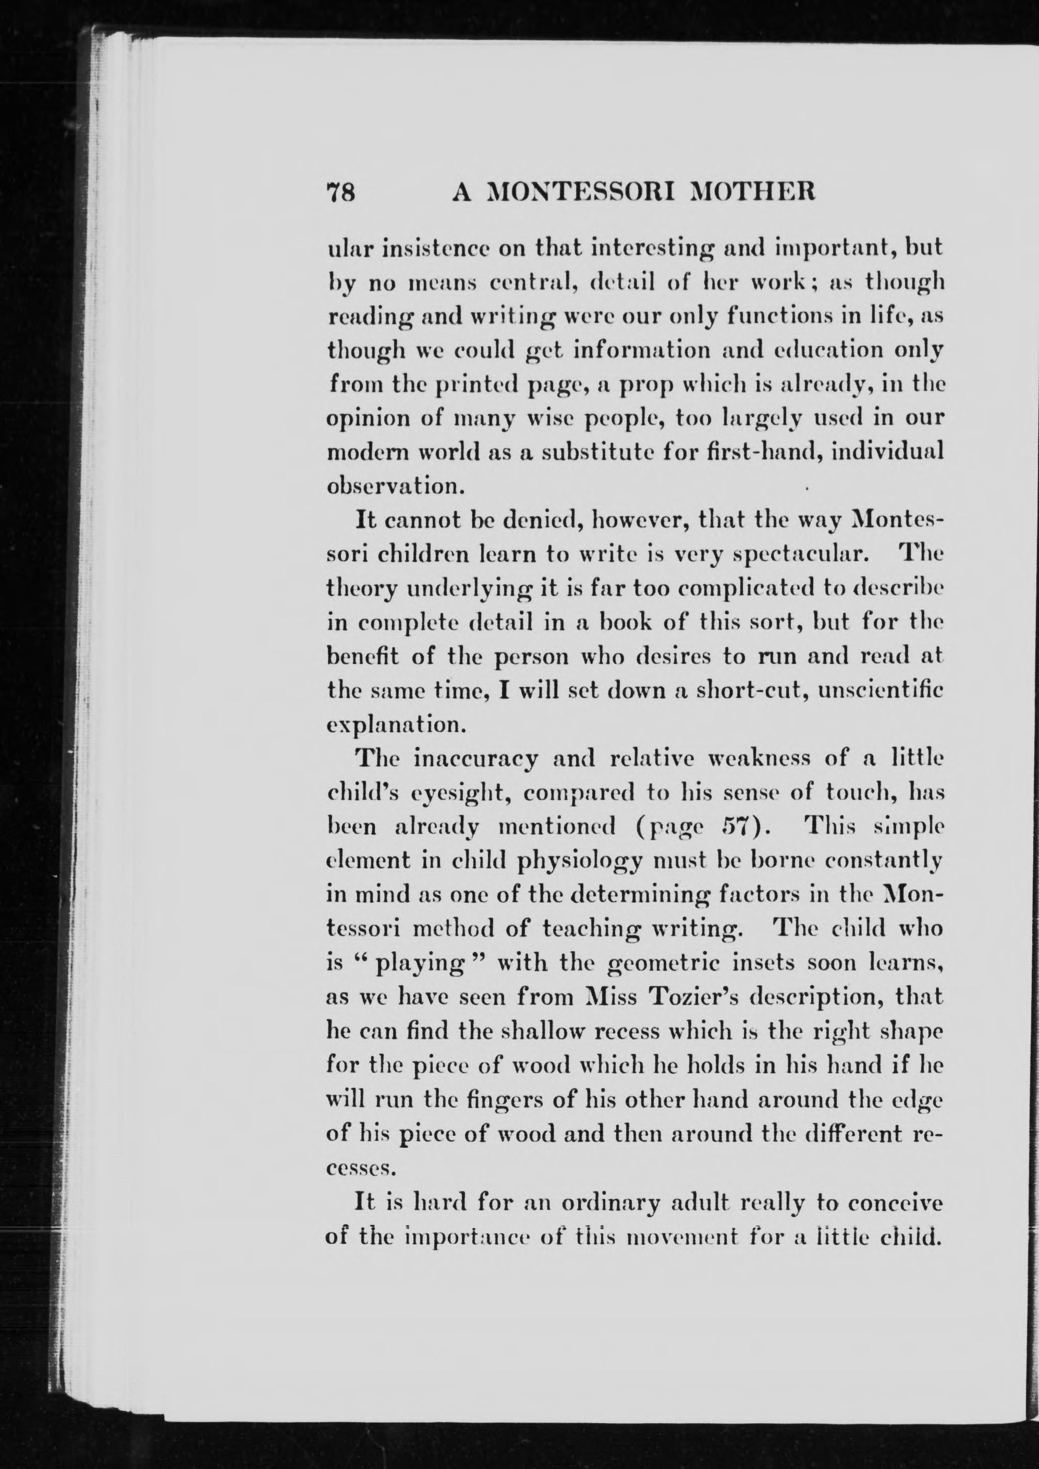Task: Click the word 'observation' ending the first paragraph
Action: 395,486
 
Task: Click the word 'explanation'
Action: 394,725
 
